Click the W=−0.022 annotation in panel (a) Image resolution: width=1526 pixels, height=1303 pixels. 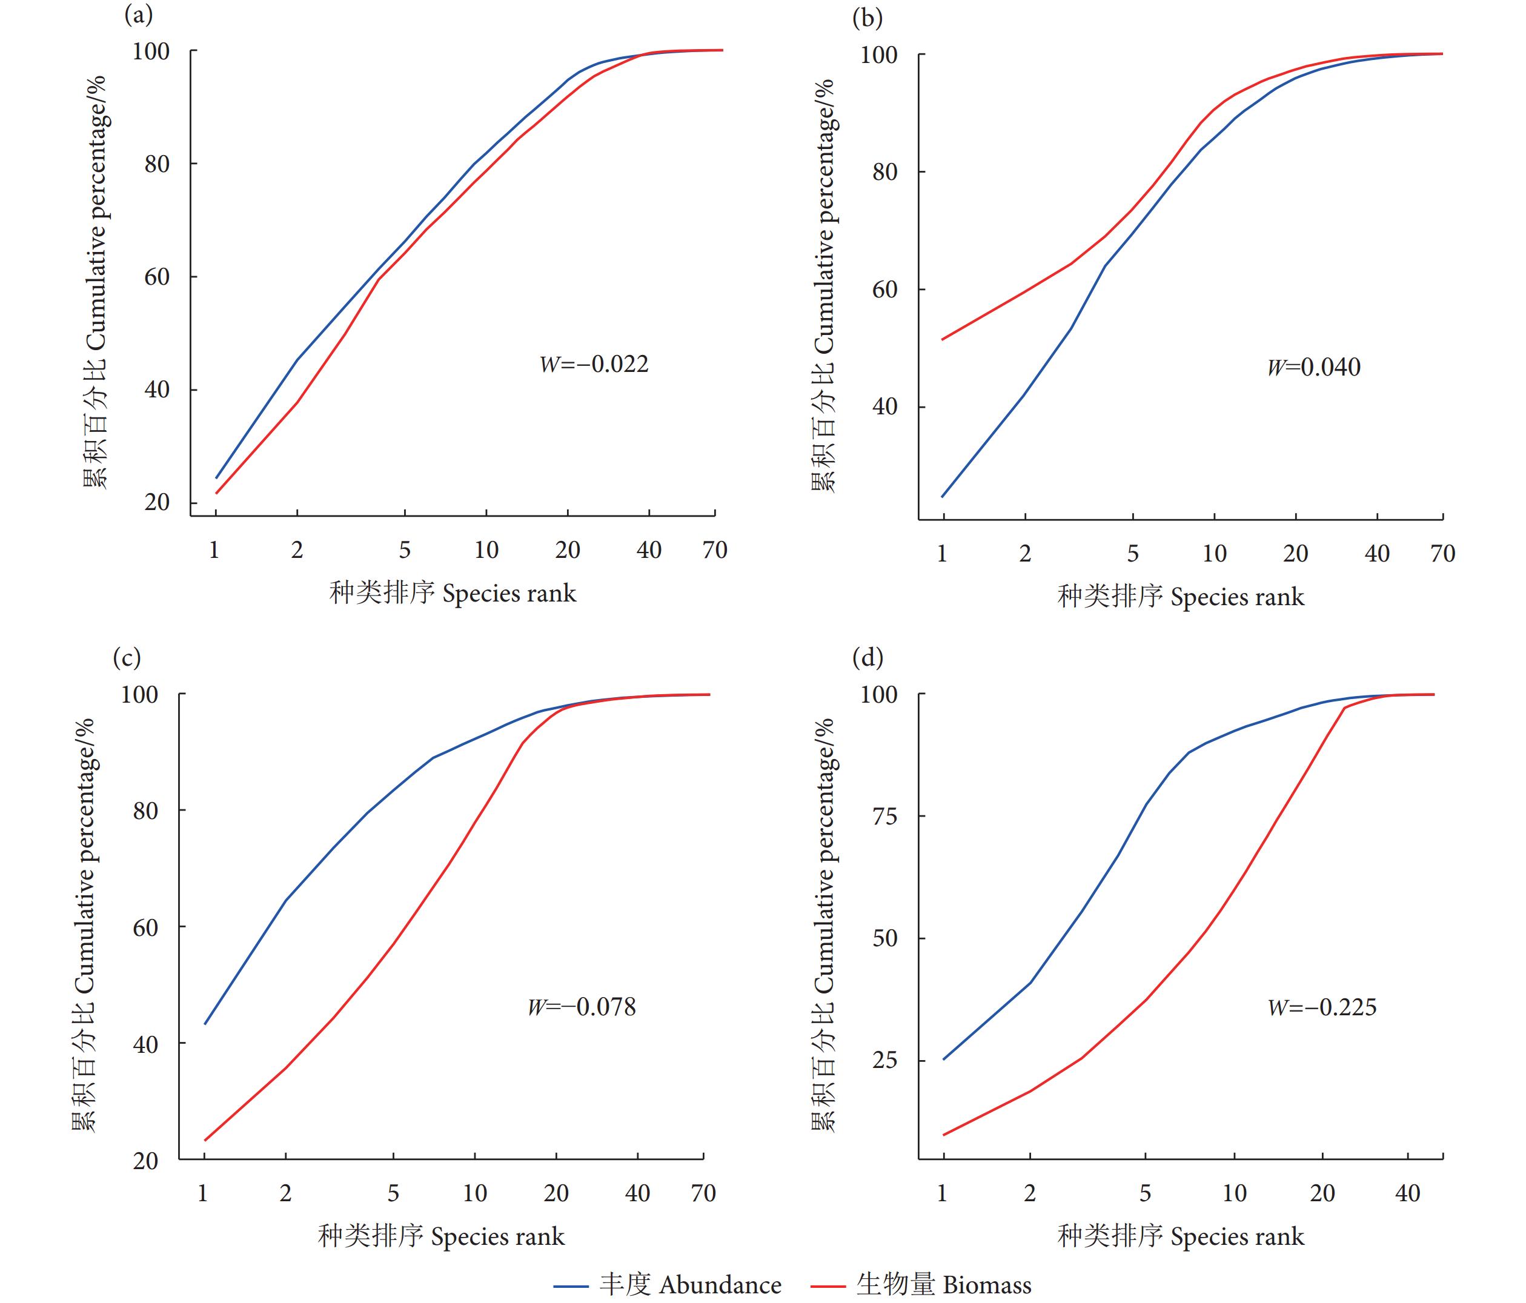[x=594, y=364]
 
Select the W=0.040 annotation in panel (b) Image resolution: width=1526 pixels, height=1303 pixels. [x=1313, y=367]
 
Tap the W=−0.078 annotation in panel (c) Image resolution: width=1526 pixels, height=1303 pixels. [x=581, y=1006]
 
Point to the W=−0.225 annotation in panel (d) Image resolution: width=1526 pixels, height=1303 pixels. [x=1321, y=1007]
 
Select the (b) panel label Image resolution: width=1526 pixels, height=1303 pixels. [x=867, y=18]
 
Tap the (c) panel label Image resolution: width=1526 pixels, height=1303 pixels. [x=127, y=657]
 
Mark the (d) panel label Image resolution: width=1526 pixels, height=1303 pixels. [x=867, y=657]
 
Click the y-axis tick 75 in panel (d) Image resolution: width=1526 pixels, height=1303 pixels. [x=884, y=816]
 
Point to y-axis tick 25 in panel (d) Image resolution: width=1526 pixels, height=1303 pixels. [x=884, y=1060]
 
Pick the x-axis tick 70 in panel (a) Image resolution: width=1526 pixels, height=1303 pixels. [x=714, y=550]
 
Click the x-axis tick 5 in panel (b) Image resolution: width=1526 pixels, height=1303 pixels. [x=1133, y=553]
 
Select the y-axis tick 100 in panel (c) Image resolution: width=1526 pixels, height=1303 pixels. [x=139, y=695]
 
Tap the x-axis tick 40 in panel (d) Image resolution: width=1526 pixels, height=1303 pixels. [x=1407, y=1193]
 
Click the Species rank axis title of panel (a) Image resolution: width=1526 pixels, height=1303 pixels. [x=452, y=593]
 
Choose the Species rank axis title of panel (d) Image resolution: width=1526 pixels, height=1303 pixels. [x=1181, y=1236]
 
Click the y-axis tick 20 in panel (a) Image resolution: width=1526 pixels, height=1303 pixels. [x=157, y=502]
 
